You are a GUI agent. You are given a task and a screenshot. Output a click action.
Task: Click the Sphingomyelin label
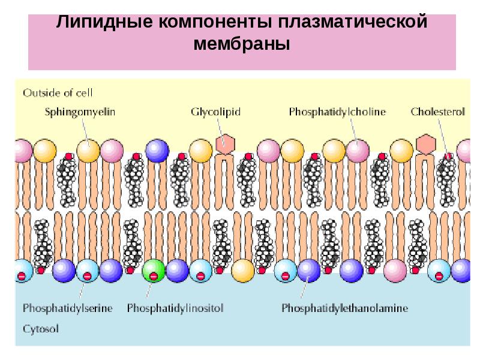(x=80, y=112)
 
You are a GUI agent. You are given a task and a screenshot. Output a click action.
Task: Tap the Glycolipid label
(x=215, y=112)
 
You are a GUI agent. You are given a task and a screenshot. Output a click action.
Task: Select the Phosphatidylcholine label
(x=337, y=112)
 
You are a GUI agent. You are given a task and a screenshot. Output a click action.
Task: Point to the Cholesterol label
(x=438, y=112)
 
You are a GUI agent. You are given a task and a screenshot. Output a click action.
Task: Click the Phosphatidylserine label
(x=68, y=308)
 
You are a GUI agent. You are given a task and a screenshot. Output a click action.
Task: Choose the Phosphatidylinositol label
(x=175, y=308)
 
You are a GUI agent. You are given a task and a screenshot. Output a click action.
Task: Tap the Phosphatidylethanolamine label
(x=344, y=308)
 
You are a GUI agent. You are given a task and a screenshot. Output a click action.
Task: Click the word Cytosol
(x=40, y=329)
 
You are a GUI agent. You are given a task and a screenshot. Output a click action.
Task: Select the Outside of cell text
(x=58, y=93)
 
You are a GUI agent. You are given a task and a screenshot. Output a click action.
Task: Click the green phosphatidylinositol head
(x=154, y=271)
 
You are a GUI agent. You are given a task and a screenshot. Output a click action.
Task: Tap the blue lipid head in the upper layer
(x=157, y=151)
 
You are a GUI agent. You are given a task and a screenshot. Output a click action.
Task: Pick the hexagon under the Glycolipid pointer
(x=226, y=144)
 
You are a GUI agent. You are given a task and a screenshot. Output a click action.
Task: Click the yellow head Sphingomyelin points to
(x=88, y=151)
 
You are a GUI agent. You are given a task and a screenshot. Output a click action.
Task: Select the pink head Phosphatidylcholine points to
(x=358, y=151)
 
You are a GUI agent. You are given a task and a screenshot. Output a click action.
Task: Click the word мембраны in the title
(x=242, y=43)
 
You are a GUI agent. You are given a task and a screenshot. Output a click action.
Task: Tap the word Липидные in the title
(x=104, y=22)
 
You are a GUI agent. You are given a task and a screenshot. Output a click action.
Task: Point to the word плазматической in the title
(x=353, y=22)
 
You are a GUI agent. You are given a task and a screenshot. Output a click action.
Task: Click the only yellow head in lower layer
(x=243, y=271)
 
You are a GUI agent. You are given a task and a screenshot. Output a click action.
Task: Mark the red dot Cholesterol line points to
(x=448, y=157)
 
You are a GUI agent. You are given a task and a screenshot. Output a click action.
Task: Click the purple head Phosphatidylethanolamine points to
(x=309, y=271)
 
